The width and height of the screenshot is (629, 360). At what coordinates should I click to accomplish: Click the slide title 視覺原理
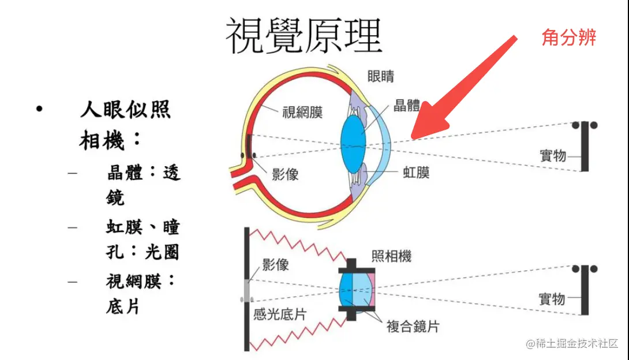[304, 36]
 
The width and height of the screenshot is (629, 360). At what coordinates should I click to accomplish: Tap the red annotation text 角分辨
[568, 37]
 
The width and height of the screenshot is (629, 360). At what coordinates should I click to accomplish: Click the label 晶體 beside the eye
[407, 106]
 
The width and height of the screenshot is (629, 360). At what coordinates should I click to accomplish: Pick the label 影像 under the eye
[284, 174]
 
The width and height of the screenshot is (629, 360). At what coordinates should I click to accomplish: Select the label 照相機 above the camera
[391, 256]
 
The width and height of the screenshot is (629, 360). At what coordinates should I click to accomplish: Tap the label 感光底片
[280, 314]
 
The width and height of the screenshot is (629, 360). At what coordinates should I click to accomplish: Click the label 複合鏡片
[413, 326]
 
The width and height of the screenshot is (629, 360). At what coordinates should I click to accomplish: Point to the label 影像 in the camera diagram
[275, 265]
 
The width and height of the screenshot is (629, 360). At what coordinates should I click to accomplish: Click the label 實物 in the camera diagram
[552, 299]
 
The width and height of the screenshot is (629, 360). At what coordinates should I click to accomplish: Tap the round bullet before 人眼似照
[39, 109]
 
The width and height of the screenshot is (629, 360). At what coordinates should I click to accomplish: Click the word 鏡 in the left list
[115, 198]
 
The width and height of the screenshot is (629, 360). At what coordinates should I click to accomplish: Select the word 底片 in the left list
[123, 306]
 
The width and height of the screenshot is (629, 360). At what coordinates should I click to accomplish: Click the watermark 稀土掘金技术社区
[577, 343]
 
